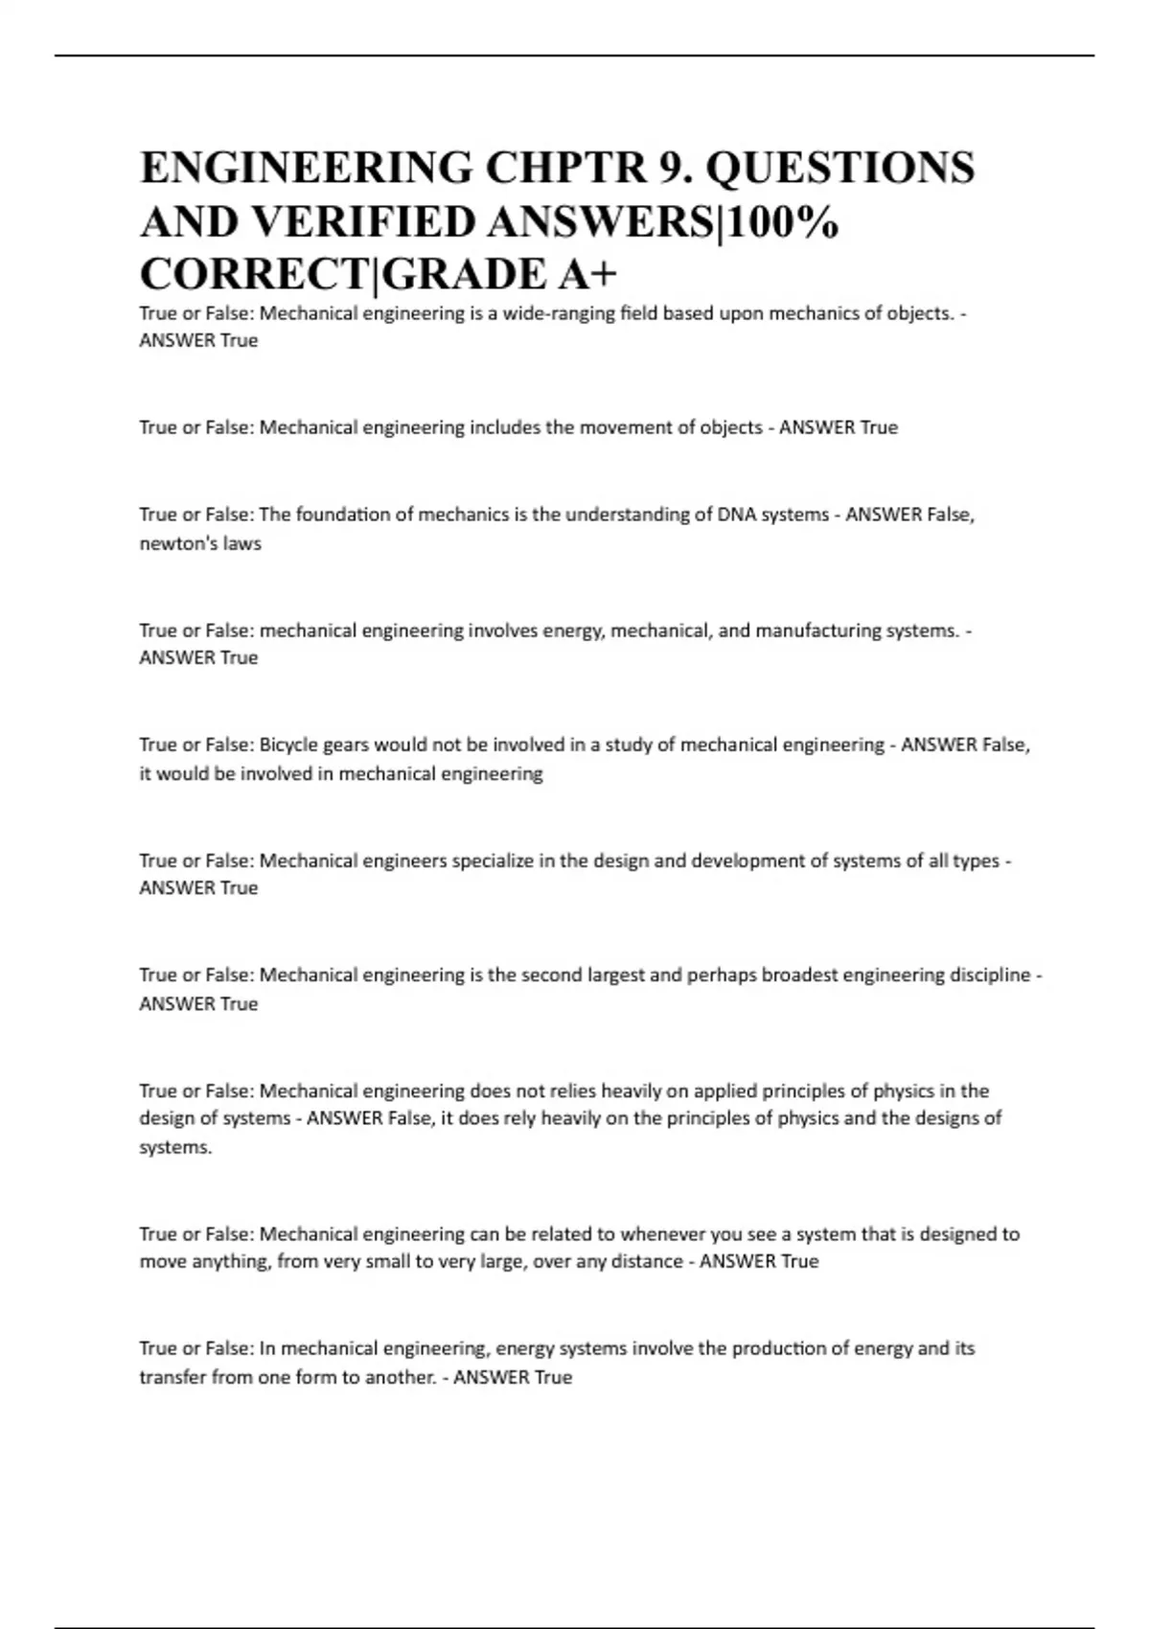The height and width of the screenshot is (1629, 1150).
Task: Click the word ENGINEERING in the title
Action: point(306,169)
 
